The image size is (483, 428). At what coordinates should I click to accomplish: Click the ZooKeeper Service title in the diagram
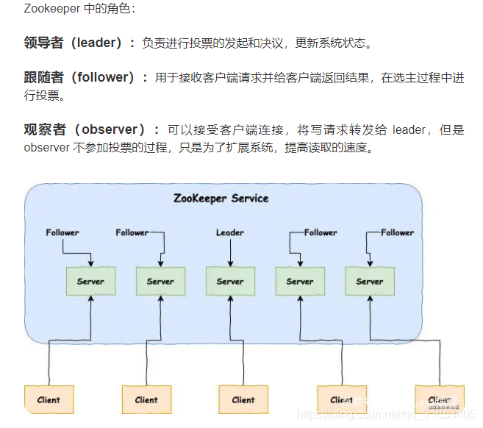point(221,198)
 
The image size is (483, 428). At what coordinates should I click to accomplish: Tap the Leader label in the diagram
point(229,232)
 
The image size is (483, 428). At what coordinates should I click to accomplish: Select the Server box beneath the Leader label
point(229,281)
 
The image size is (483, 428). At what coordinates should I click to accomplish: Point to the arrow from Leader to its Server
point(229,252)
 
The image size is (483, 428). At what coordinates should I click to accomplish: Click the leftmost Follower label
point(62,232)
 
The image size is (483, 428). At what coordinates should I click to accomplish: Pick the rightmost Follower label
point(397,232)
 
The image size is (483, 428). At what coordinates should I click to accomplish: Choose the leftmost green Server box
point(90,281)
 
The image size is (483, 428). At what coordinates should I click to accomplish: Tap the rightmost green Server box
point(369,281)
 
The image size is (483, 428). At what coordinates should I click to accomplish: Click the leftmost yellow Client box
point(49,399)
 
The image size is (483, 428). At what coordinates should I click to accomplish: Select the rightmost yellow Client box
point(439,399)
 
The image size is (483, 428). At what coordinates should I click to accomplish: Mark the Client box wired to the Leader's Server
point(243,399)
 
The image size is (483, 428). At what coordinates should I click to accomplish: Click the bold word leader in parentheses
point(96,43)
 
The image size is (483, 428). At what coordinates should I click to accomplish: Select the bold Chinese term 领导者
point(43,43)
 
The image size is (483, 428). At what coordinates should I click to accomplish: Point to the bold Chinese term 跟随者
point(43,77)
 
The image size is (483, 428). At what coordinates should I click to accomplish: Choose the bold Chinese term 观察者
point(43,129)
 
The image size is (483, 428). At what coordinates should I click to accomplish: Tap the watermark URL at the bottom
point(390,415)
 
